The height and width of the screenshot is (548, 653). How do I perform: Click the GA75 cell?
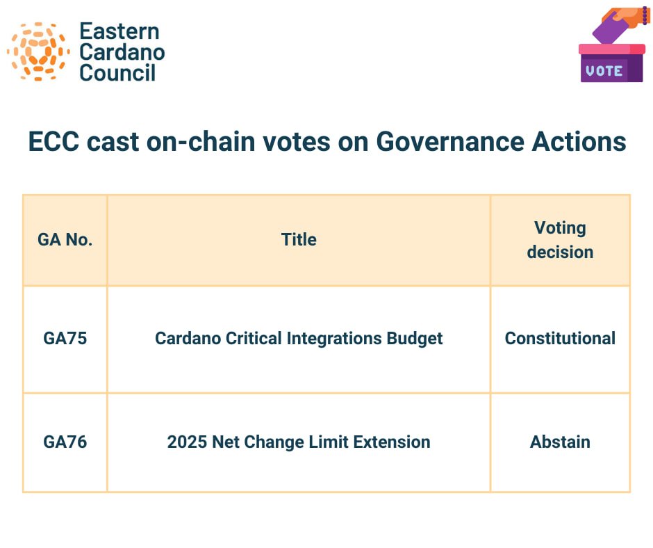[x=65, y=339]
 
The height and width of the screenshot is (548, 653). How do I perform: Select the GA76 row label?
[x=65, y=442]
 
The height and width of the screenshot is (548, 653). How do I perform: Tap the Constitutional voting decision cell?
[x=560, y=339]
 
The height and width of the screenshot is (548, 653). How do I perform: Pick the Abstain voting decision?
[x=560, y=442]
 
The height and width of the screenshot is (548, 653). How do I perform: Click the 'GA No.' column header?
[x=65, y=240]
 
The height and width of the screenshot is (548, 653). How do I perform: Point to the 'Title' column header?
[x=299, y=240]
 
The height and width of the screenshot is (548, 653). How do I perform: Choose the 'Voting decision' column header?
[x=560, y=240]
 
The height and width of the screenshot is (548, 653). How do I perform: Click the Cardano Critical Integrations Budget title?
[x=299, y=339]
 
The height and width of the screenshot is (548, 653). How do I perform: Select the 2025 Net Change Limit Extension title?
[x=299, y=442]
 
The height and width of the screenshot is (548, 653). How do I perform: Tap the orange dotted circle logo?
[x=38, y=51]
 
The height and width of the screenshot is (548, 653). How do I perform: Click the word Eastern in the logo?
[x=119, y=31]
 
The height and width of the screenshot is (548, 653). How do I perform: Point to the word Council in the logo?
[x=117, y=72]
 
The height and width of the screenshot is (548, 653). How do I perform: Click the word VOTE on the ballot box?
[x=604, y=70]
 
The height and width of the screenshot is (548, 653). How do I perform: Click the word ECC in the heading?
[x=53, y=142]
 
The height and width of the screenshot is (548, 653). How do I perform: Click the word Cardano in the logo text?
[x=122, y=52]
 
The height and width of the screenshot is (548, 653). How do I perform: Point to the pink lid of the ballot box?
[x=612, y=49]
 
